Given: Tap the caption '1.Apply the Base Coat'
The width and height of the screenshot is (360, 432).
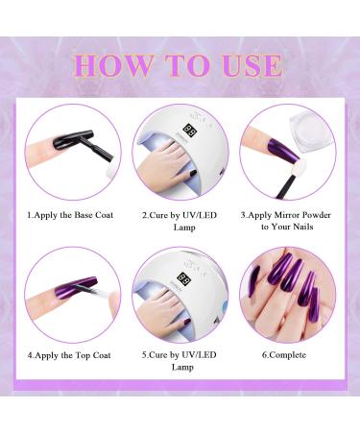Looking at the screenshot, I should pyautogui.click(x=70, y=214).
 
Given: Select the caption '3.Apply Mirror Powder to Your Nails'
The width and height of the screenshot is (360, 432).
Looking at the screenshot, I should pyautogui.click(x=285, y=221).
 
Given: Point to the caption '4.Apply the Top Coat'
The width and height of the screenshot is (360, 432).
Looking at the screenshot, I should pyautogui.click(x=69, y=355).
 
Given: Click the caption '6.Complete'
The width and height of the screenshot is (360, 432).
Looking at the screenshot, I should pyautogui.click(x=285, y=355).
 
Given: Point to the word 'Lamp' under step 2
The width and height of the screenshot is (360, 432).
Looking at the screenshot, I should pyautogui.click(x=180, y=228).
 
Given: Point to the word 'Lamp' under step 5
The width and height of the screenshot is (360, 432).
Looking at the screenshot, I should pyautogui.click(x=180, y=370).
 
